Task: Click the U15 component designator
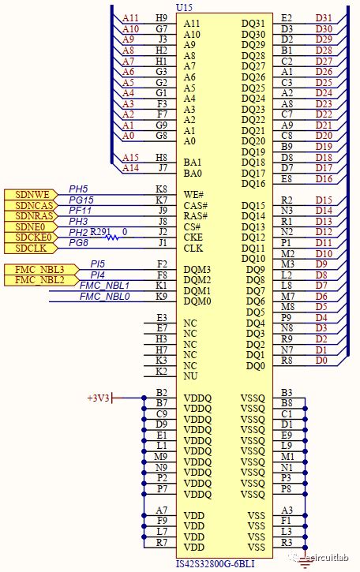pyautogui.click(x=183, y=7)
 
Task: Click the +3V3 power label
pyautogui.click(x=99, y=398)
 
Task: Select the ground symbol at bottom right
pyautogui.click(x=305, y=559)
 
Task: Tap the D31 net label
pyautogui.click(x=324, y=17)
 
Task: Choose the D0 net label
pyautogui.click(x=321, y=360)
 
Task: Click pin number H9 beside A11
pyautogui.click(x=161, y=17)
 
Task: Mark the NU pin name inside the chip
pyautogui.click(x=190, y=376)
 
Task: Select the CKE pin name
pyautogui.click(x=193, y=237)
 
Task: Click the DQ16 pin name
pyautogui.click(x=253, y=184)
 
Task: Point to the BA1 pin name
pyautogui.click(x=193, y=162)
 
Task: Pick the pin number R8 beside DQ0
pyautogui.click(x=287, y=360)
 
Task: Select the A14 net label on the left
pyautogui.click(x=130, y=167)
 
